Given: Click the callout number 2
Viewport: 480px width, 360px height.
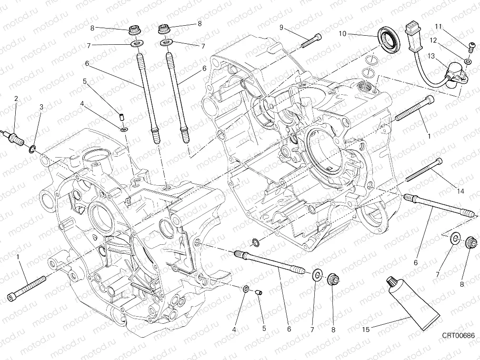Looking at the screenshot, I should point(16,99).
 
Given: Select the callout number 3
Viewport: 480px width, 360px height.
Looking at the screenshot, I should point(41,107).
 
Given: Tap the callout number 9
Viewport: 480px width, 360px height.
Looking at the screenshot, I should point(281,28).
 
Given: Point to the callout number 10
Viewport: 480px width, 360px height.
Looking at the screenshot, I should point(342,34).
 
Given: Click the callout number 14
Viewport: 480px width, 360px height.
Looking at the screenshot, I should point(460,191).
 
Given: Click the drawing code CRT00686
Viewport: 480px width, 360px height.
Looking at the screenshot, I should point(457,336).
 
